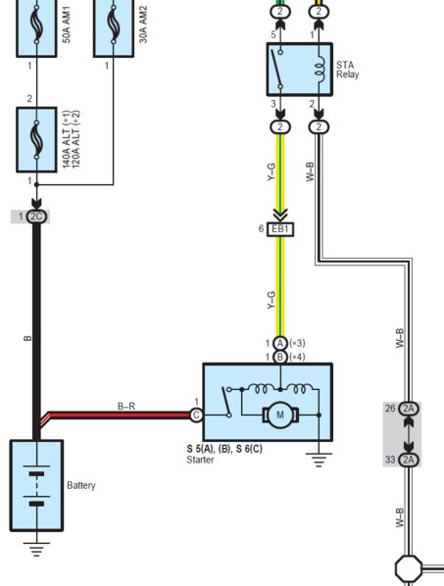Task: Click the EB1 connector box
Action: click(x=280, y=229)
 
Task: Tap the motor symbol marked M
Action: click(x=280, y=415)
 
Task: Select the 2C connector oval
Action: click(x=36, y=217)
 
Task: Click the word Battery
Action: click(x=81, y=485)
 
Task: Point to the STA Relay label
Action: click(x=347, y=70)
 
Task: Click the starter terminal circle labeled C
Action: click(x=196, y=415)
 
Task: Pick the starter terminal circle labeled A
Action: click(x=280, y=343)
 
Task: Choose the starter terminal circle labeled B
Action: click(x=280, y=357)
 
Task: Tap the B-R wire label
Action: click(x=126, y=406)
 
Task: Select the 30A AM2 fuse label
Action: click(x=143, y=24)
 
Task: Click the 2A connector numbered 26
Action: click(x=409, y=409)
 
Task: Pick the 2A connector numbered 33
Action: click(x=409, y=460)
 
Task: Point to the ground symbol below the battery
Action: click(x=36, y=549)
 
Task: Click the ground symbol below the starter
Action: click(x=319, y=460)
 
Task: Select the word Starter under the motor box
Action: click(x=200, y=460)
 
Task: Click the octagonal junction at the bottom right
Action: click(x=409, y=568)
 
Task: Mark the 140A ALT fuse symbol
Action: click(x=36, y=140)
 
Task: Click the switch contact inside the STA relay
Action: click(x=277, y=70)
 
